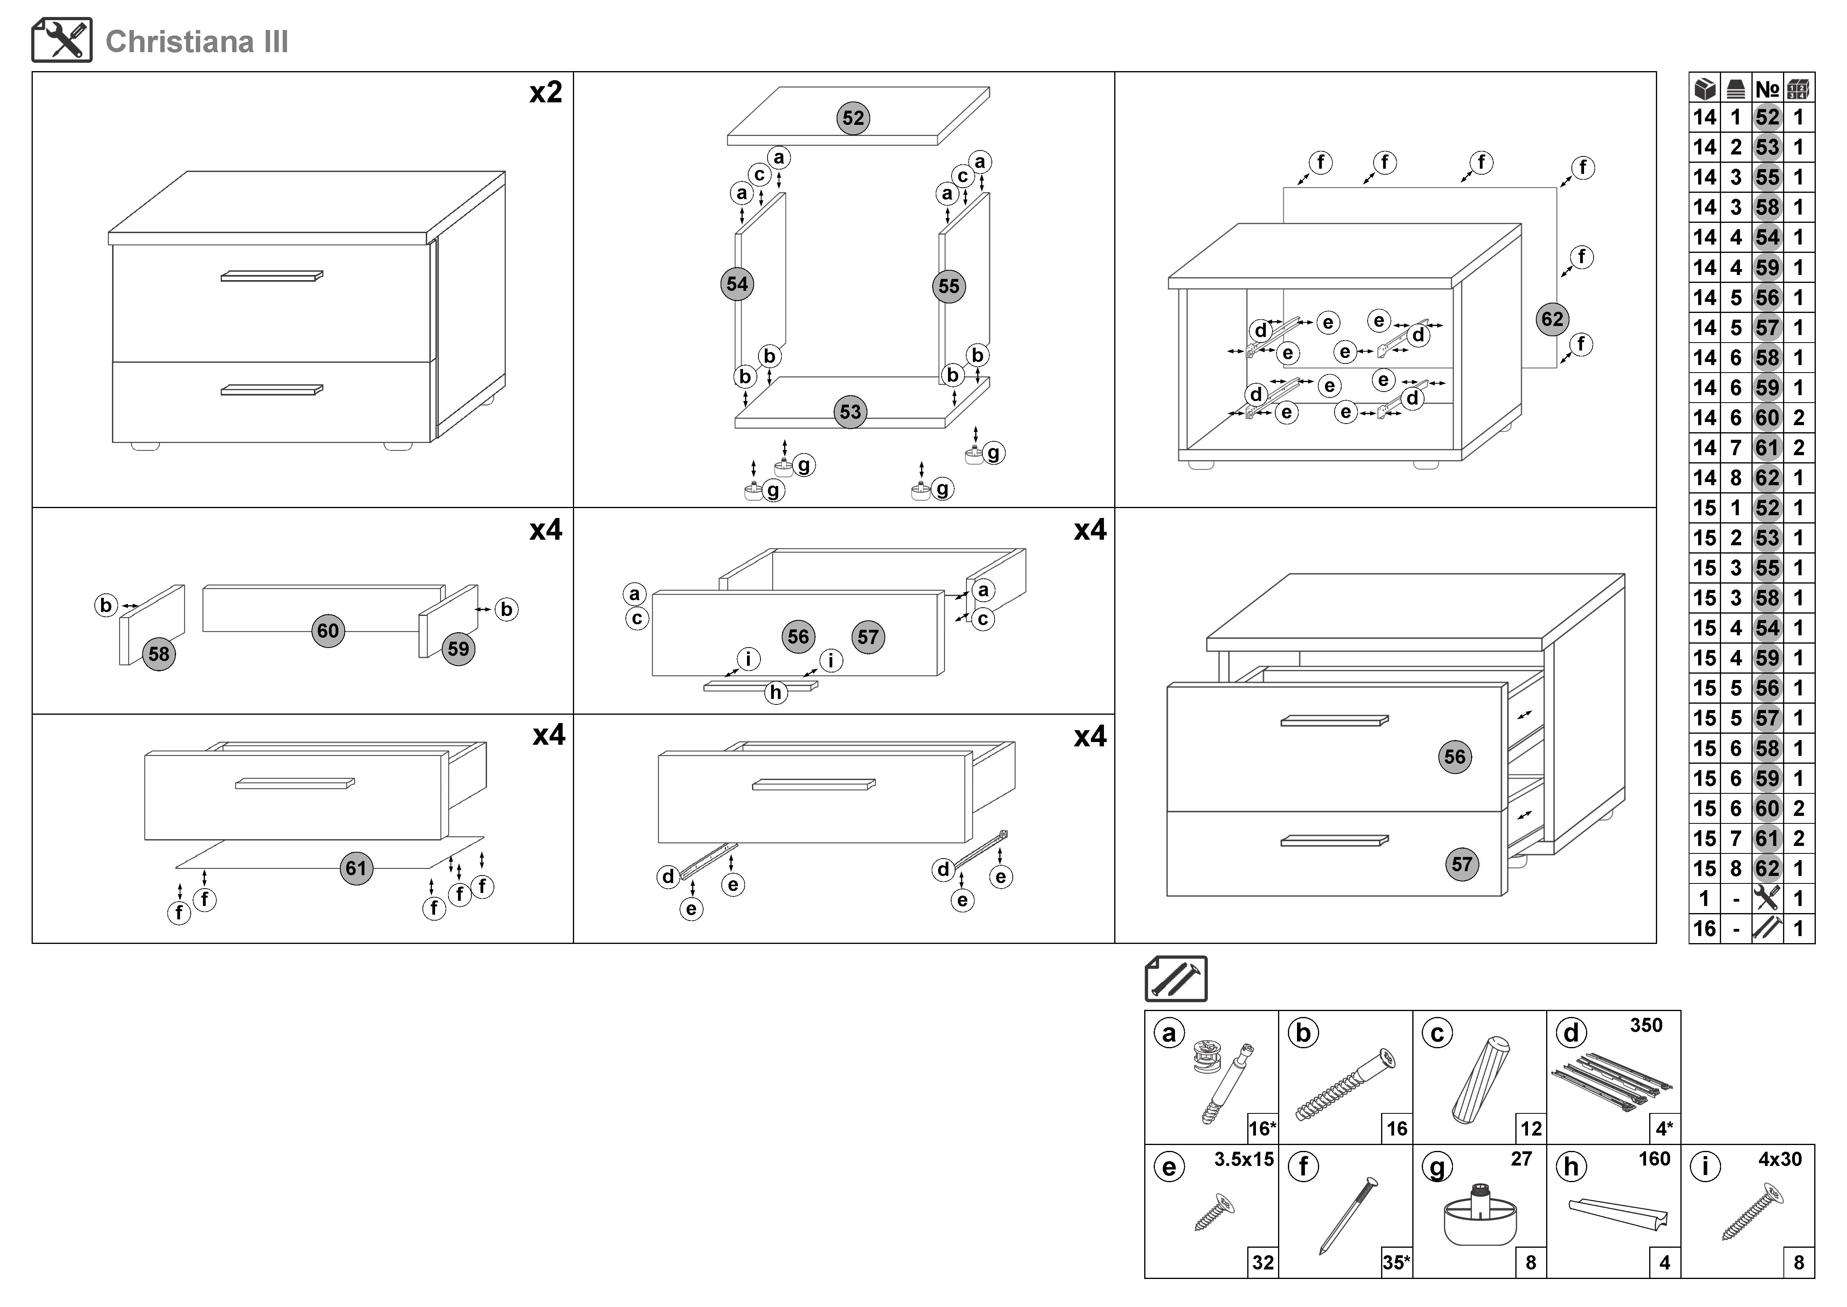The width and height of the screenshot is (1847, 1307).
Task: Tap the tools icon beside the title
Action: tap(62, 40)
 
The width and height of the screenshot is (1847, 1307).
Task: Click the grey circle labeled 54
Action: tap(737, 284)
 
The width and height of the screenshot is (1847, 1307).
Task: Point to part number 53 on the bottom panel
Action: tap(850, 412)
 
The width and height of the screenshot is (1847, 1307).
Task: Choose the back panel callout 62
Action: tap(1552, 320)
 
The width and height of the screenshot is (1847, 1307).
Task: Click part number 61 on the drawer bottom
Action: tap(356, 868)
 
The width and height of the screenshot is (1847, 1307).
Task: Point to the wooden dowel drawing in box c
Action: tap(1480, 1080)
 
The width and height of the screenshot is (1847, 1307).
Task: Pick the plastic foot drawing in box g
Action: tap(1480, 1215)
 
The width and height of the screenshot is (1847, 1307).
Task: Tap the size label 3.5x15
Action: tap(1244, 1160)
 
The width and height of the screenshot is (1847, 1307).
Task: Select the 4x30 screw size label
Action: tap(1779, 1160)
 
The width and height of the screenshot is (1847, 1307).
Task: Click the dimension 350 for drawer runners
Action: tap(1646, 1025)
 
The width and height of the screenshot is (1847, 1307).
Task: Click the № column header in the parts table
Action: tap(1767, 89)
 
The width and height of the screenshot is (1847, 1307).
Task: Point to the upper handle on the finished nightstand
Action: tap(272, 276)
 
